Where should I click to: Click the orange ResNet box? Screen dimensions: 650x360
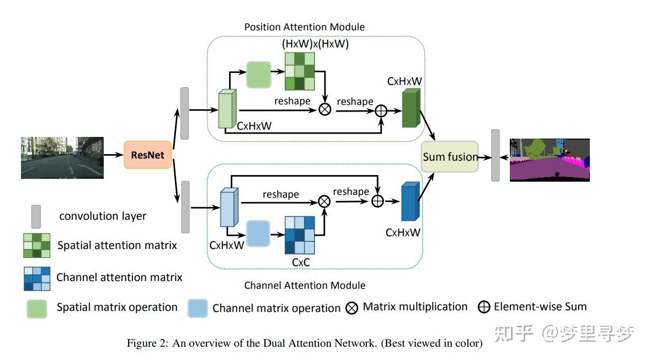click(147, 155)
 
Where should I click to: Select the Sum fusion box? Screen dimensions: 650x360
click(450, 157)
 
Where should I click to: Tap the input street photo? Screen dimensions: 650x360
click(62, 158)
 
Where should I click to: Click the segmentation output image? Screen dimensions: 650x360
click(550, 160)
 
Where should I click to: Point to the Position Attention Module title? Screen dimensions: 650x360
click(304, 27)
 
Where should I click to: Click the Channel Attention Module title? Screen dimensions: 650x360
click(305, 285)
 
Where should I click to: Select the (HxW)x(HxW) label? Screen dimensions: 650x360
click(315, 44)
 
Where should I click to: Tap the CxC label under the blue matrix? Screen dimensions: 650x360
click(301, 262)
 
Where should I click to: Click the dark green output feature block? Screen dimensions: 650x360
click(411, 108)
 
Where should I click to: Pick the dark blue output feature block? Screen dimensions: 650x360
click(411, 201)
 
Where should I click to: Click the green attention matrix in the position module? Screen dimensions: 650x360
click(300, 71)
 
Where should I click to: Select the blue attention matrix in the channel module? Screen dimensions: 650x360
click(300, 235)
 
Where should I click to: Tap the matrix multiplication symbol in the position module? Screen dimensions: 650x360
click(325, 109)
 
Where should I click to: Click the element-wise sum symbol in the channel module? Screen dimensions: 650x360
click(377, 201)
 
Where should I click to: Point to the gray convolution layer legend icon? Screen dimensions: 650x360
click(36, 216)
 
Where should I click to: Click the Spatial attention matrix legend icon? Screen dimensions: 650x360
click(37, 246)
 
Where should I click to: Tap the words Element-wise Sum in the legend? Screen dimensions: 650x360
click(540, 307)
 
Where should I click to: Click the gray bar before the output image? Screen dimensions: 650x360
click(496, 156)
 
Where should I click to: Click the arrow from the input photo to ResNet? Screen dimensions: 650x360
click(114, 155)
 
